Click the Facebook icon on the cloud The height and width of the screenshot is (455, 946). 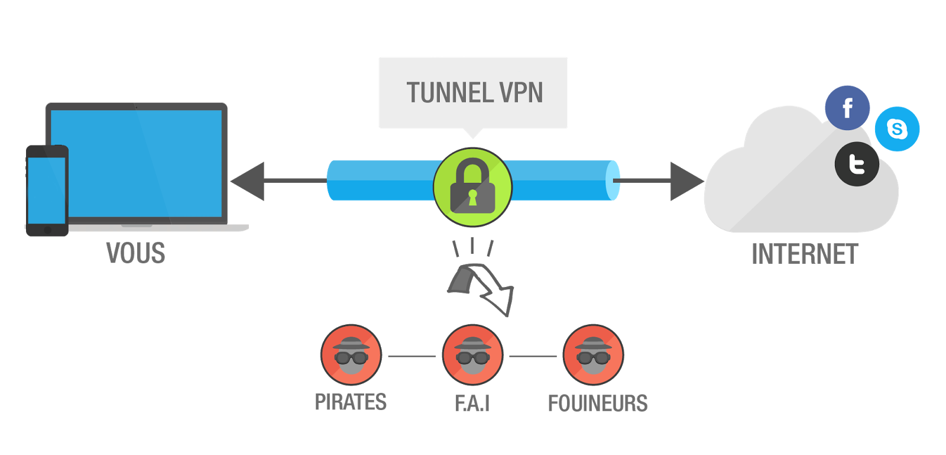click(847, 108)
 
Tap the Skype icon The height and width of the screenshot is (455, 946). click(897, 129)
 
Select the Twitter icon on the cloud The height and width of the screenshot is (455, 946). click(857, 164)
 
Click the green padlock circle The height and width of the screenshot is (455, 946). click(472, 187)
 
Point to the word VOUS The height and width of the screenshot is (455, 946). click(135, 253)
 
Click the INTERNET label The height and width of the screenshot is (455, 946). click(804, 254)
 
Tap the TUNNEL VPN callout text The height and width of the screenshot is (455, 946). click(474, 93)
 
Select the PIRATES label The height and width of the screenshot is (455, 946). click(351, 402)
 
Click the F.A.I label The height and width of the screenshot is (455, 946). click(472, 403)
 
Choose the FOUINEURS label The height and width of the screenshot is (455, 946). click(598, 403)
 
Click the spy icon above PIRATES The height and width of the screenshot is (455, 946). click(351, 355)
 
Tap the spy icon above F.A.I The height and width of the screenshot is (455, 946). click(472, 355)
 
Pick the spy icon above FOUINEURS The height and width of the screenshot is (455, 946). click(593, 355)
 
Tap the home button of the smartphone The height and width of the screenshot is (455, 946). click(47, 229)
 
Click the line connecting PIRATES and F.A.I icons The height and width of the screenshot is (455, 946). click(412, 357)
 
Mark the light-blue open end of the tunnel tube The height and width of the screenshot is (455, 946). click(613, 180)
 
